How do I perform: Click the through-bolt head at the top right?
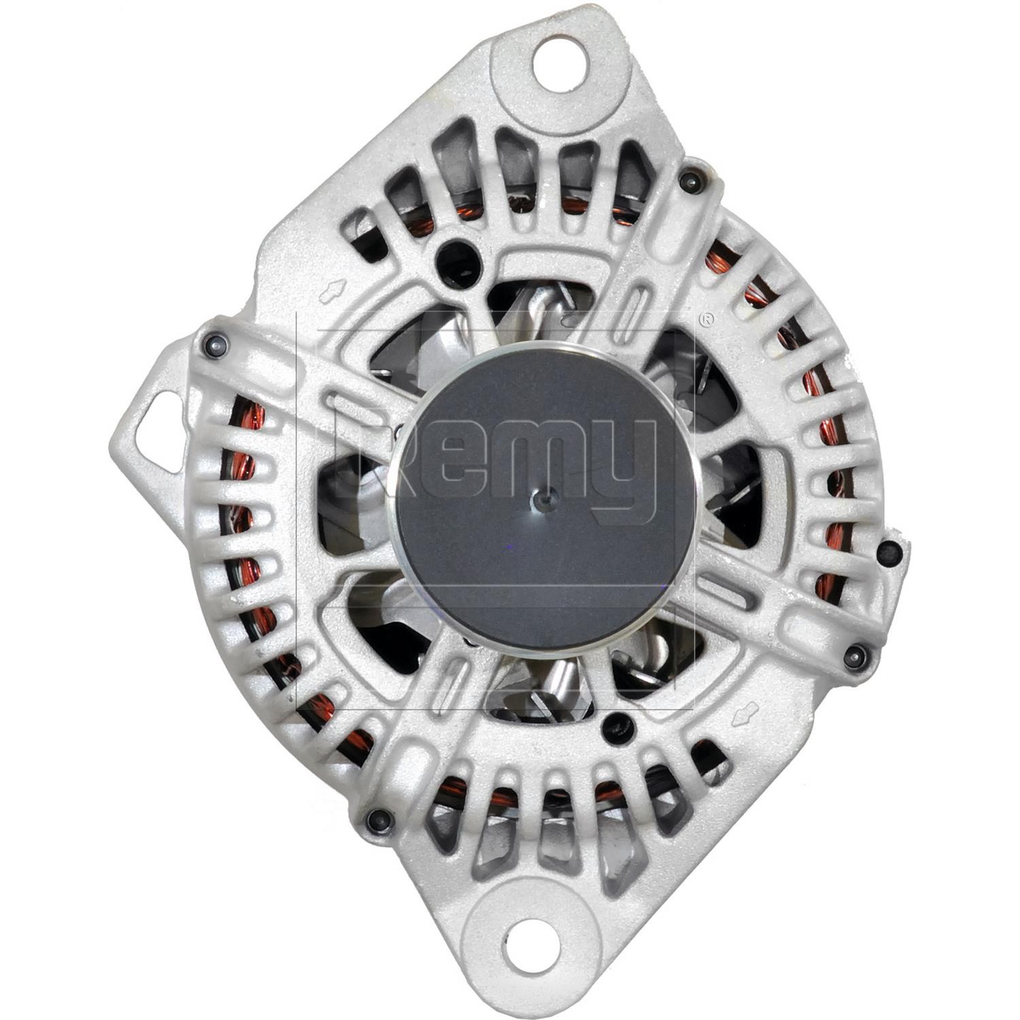(690, 180)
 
